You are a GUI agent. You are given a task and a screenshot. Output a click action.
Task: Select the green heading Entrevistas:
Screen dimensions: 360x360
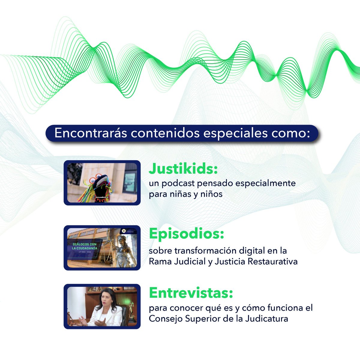pos(191,293)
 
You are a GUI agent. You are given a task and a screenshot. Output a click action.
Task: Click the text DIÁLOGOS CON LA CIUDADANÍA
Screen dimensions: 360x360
pos(85,246)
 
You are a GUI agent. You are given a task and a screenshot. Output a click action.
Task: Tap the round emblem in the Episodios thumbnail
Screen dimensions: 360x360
pos(122,230)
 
